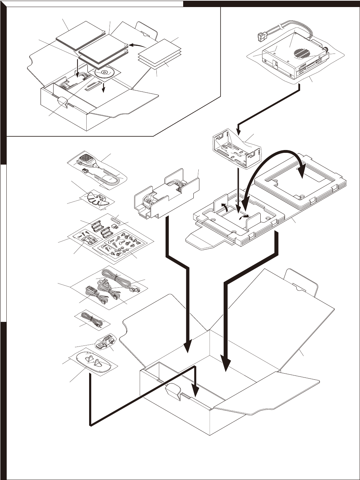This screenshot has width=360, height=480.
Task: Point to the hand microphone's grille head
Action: [86, 160]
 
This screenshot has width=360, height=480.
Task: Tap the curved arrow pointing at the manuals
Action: [138, 45]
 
